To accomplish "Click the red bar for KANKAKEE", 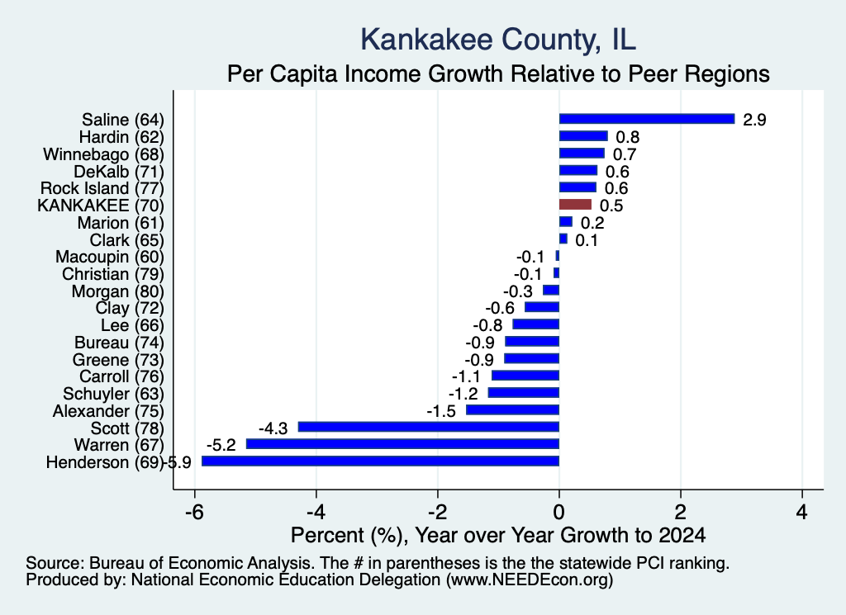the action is pyautogui.click(x=575, y=205).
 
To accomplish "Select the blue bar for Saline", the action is pyautogui.click(x=647, y=119).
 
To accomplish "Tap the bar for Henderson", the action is pyautogui.click(x=380, y=461).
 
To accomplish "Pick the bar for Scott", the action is pyautogui.click(x=429, y=427).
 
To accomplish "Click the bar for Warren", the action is pyautogui.click(x=402, y=444).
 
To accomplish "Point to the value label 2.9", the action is pyautogui.click(x=754, y=120).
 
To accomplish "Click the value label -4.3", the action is pyautogui.click(x=273, y=428).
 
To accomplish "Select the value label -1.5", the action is pyautogui.click(x=441, y=411).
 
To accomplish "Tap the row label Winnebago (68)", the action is pyautogui.click(x=103, y=154).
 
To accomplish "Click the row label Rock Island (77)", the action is pyautogui.click(x=102, y=188).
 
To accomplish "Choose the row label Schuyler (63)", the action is pyautogui.click(x=113, y=394).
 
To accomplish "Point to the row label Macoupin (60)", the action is pyautogui.click(x=110, y=257).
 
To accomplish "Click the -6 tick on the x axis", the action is pyautogui.click(x=194, y=512).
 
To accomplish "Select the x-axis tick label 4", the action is pyautogui.click(x=802, y=512).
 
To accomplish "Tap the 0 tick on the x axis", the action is pyautogui.click(x=559, y=512).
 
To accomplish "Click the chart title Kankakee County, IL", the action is pyautogui.click(x=498, y=40).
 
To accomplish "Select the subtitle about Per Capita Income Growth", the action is pyautogui.click(x=498, y=73).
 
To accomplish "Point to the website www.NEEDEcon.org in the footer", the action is pyautogui.click(x=530, y=580).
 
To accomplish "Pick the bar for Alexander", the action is pyautogui.click(x=512, y=409).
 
